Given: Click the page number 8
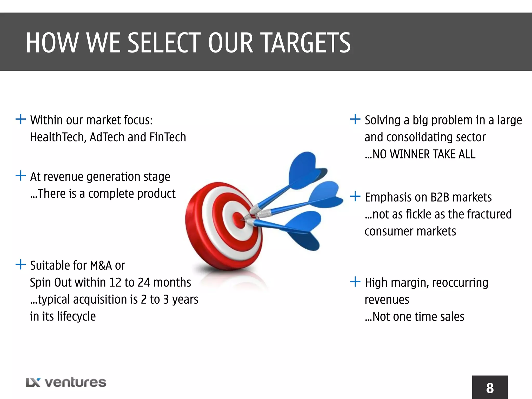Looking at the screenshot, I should [x=490, y=388].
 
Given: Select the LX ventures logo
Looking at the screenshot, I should [x=66, y=382].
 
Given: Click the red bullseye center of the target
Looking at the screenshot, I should [x=238, y=220].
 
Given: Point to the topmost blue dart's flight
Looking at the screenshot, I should [x=307, y=170].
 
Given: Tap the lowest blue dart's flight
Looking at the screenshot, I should [x=304, y=230].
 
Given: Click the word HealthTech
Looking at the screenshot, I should [x=58, y=137].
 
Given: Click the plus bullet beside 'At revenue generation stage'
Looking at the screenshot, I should [x=21, y=176].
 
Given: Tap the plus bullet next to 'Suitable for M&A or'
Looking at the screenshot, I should [x=21, y=265].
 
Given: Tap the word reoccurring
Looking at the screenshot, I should [x=460, y=283].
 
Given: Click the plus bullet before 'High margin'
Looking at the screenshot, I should [x=355, y=282].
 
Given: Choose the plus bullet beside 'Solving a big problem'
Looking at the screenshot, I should [x=355, y=119].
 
